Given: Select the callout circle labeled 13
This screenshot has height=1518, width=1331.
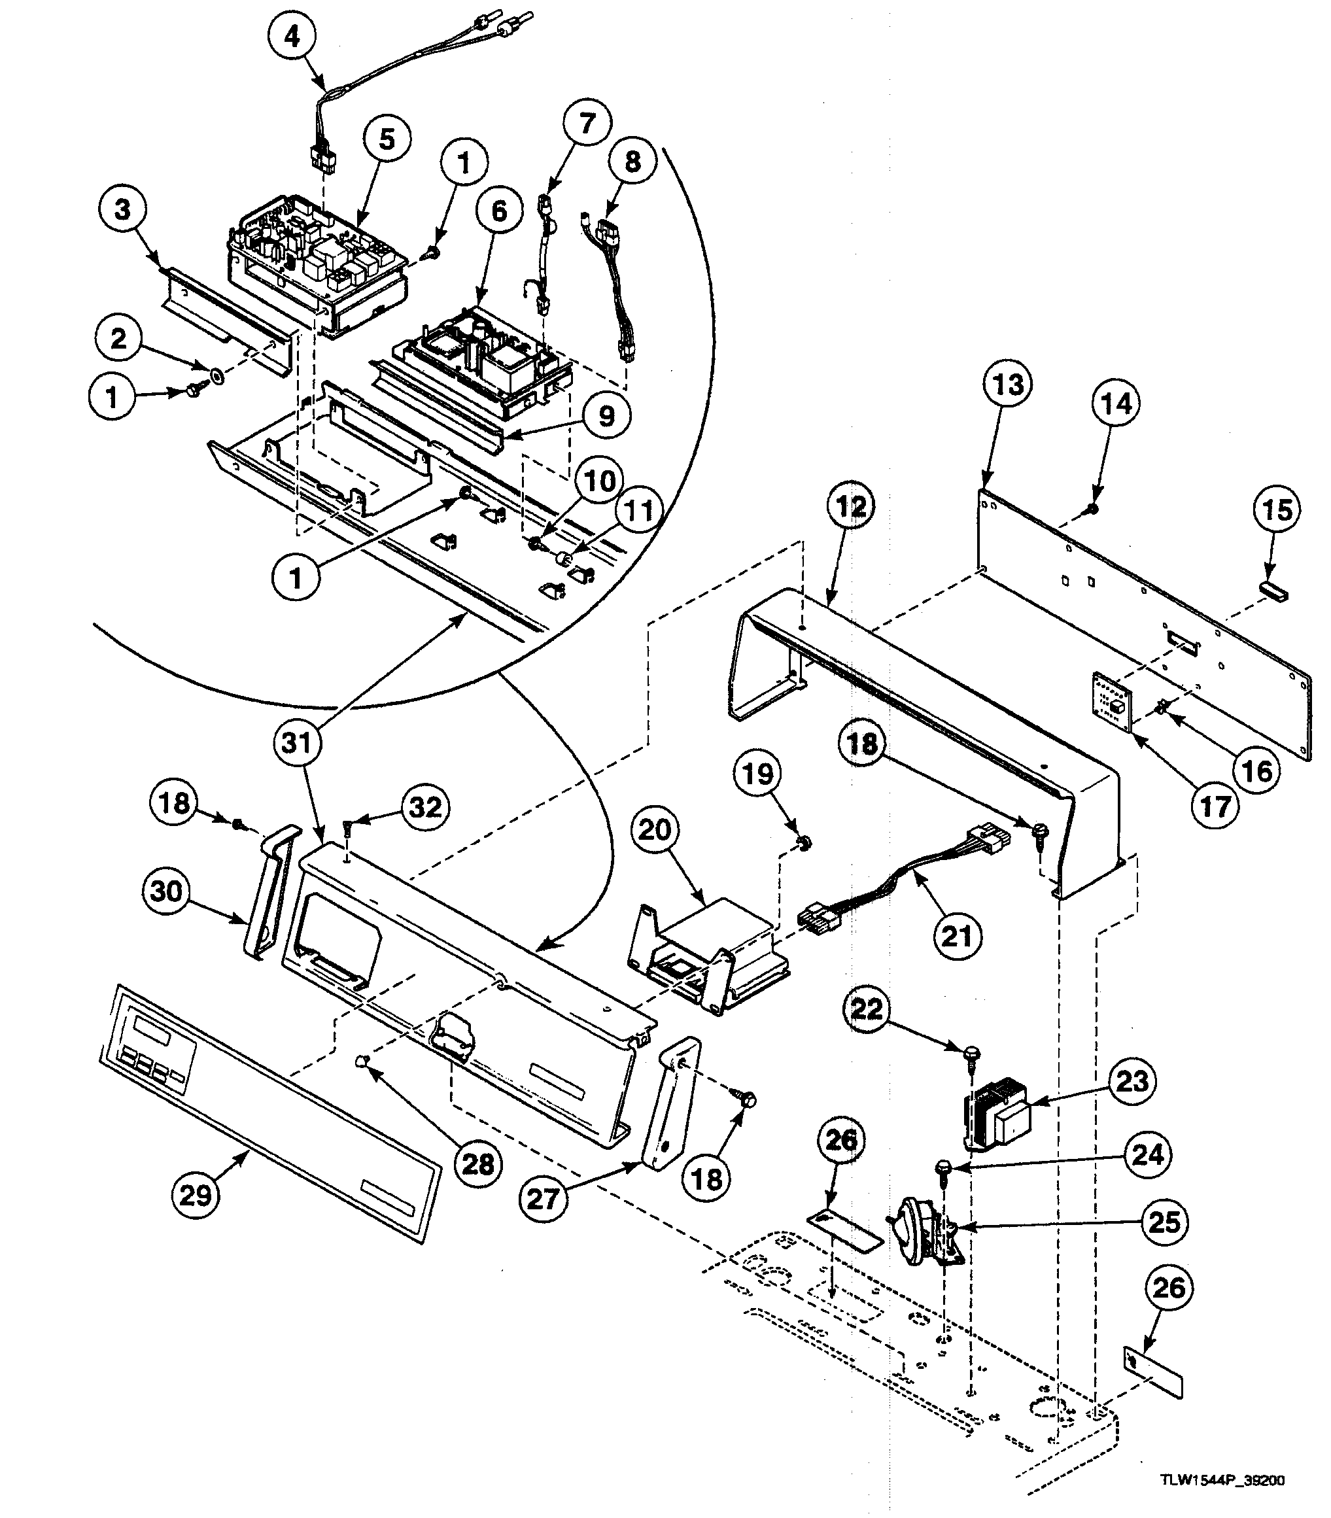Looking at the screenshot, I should (1007, 385).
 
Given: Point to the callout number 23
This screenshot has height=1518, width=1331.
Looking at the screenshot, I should (1132, 1081).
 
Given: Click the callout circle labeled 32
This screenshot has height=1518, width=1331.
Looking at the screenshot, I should (426, 807).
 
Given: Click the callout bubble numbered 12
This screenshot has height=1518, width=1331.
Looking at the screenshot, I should (851, 508).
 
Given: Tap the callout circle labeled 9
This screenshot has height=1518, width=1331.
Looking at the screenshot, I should (607, 416).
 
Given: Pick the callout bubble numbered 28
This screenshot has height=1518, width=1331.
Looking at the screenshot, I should (477, 1163).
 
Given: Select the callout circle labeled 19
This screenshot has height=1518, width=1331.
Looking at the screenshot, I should (758, 774).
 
